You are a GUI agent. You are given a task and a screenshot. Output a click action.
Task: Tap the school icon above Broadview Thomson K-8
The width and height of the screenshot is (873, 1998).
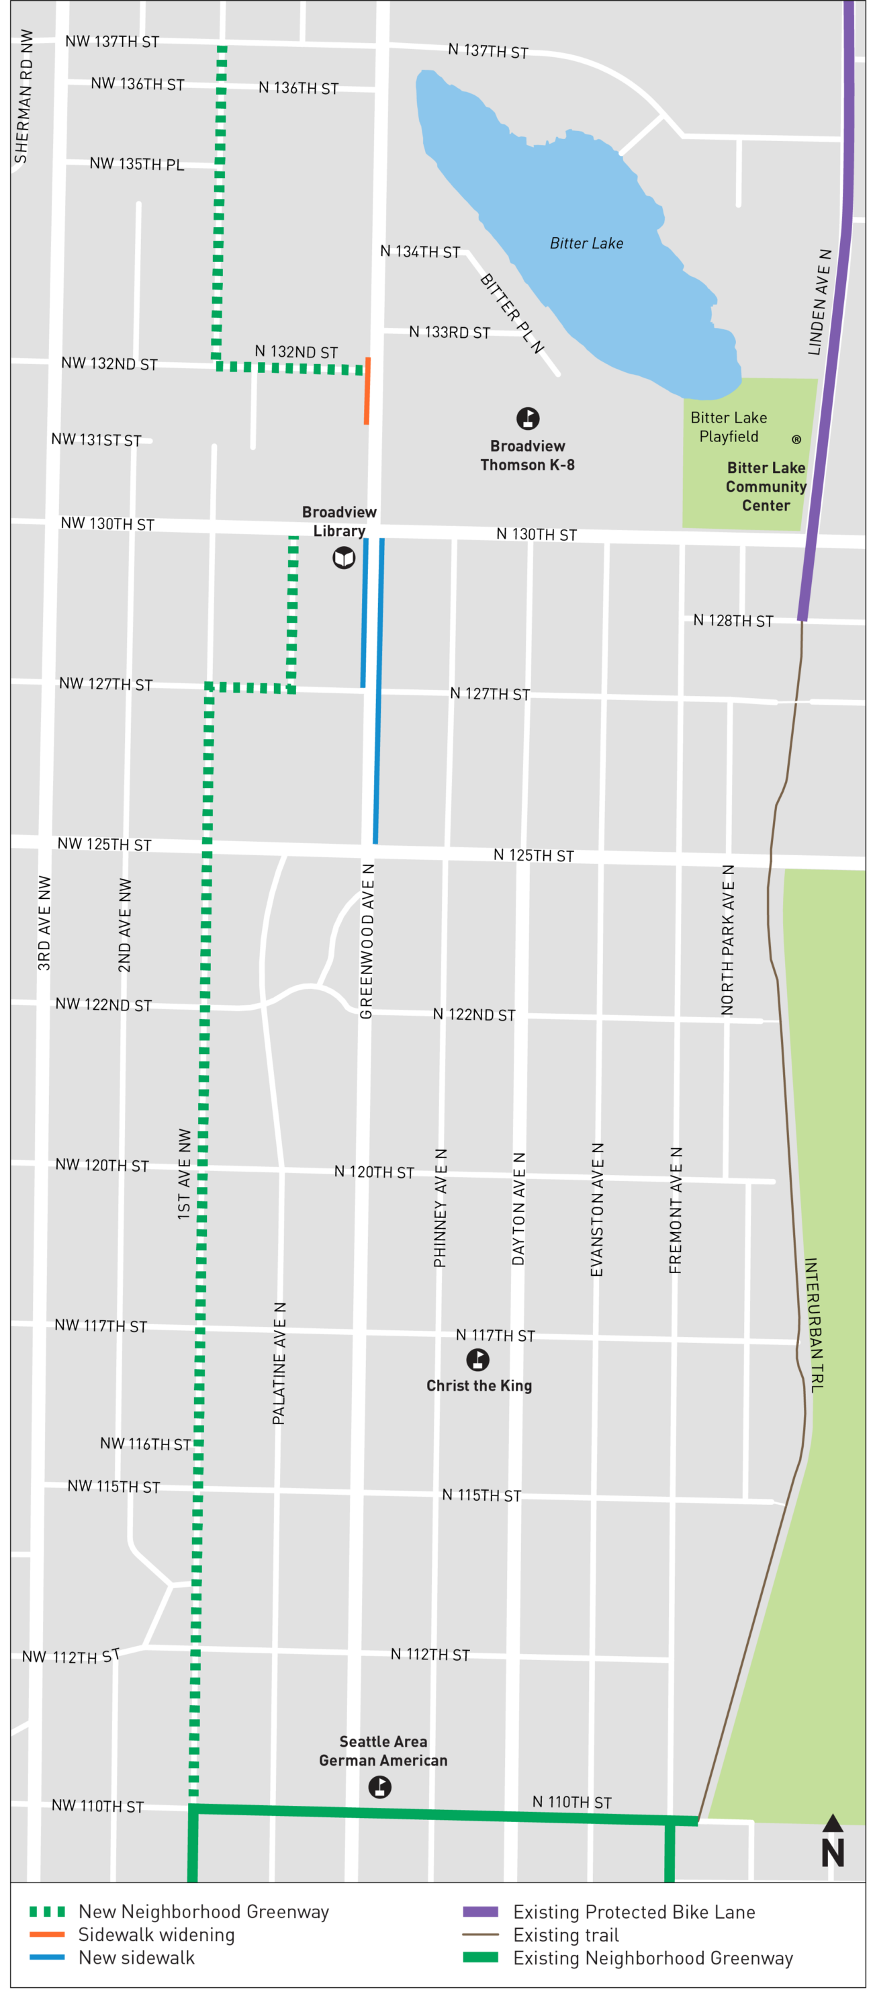coord(528,419)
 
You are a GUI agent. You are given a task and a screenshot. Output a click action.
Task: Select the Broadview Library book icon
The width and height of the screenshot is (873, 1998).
coord(343,557)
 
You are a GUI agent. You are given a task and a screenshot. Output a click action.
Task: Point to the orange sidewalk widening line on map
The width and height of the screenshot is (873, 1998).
coord(367,391)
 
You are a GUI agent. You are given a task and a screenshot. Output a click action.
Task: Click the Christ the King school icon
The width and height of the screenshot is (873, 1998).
coord(477,1359)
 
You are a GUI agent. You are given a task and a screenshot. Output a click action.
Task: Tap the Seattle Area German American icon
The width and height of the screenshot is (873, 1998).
coord(379,1787)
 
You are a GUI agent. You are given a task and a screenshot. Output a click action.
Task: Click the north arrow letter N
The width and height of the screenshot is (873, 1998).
coord(833,1853)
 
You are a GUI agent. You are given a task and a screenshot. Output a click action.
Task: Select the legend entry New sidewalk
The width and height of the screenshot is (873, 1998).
coord(136,1957)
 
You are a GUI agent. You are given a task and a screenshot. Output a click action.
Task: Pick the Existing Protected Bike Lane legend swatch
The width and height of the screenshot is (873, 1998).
coord(480,1911)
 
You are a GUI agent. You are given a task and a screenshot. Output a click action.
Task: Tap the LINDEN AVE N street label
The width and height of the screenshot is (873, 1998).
coord(819,302)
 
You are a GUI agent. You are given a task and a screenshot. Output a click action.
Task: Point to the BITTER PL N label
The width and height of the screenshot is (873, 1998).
coord(512,313)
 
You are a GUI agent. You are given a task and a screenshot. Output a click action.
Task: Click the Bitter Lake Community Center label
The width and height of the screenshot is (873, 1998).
coord(766,486)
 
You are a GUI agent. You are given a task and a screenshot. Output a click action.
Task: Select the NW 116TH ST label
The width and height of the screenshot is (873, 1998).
coord(145,1444)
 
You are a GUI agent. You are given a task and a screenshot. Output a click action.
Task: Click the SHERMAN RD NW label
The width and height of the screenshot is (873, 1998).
coord(24,96)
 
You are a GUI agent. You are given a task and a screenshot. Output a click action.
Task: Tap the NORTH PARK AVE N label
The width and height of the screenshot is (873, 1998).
coord(727,939)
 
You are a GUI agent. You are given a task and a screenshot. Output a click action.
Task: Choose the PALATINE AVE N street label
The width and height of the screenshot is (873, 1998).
coord(279,1362)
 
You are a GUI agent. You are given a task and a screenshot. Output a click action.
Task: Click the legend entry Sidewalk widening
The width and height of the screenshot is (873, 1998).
coord(156,1934)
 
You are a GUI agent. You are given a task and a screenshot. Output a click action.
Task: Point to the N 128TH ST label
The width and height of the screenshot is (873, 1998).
coord(733,621)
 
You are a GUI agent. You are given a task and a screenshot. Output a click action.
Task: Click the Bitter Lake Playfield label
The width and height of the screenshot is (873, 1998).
coord(729,427)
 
